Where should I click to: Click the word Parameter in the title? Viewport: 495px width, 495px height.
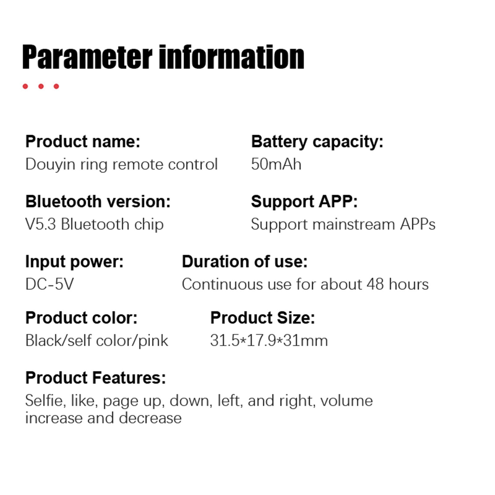click(x=87, y=58)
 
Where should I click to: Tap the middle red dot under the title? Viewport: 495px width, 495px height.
click(x=41, y=86)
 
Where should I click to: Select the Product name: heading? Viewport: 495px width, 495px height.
click(x=83, y=142)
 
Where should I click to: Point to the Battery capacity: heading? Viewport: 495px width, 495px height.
click(x=317, y=142)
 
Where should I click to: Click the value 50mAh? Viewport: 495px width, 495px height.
click(x=276, y=164)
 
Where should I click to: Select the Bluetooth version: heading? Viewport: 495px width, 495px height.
click(x=98, y=201)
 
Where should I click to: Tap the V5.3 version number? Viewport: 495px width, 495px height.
click(x=41, y=224)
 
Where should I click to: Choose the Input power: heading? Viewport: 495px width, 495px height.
click(x=74, y=262)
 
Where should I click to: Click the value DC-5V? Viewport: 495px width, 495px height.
click(x=49, y=284)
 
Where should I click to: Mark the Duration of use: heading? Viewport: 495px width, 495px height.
click(x=245, y=261)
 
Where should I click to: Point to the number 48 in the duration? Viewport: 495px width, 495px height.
click(x=375, y=284)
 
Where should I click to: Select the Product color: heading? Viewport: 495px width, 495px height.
click(x=81, y=318)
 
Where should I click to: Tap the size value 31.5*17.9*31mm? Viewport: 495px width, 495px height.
click(x=269, y=341)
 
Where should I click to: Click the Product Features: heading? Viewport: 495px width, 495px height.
click(x=96, y=378)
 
